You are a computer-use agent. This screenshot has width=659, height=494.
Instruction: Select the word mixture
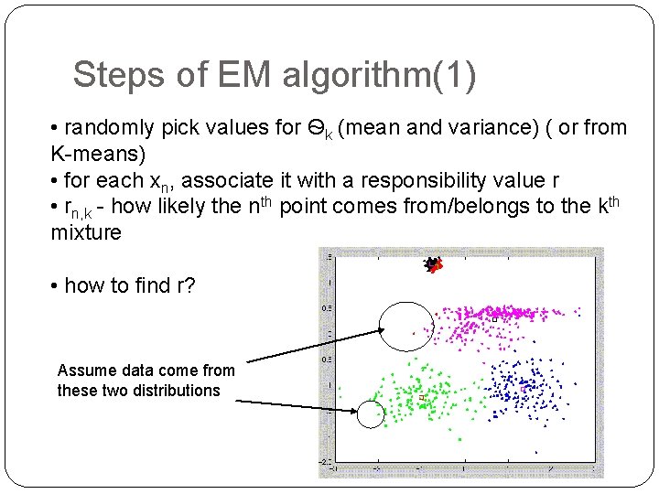[87, 232]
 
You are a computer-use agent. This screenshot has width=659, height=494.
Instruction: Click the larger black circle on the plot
[404, 327]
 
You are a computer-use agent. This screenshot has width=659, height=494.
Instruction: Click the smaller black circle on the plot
[371, 414]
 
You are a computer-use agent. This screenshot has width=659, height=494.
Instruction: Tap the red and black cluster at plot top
[433, 264]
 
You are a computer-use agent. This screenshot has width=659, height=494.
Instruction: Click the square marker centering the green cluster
[420, 399]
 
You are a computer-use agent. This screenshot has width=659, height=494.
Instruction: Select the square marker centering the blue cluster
[523, 391]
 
